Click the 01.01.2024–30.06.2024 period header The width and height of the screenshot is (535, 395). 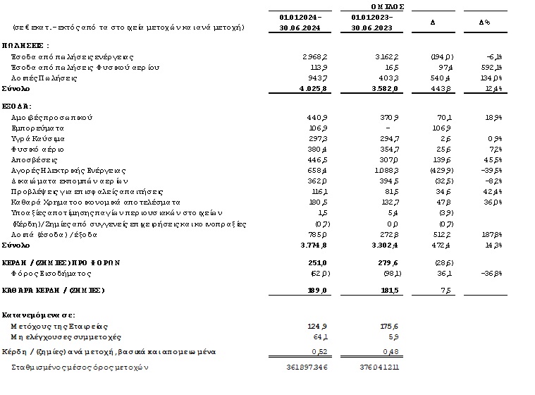point(301,22)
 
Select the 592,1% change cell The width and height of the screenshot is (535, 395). point(491,67)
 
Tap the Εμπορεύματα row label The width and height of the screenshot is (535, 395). point(39,128)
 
